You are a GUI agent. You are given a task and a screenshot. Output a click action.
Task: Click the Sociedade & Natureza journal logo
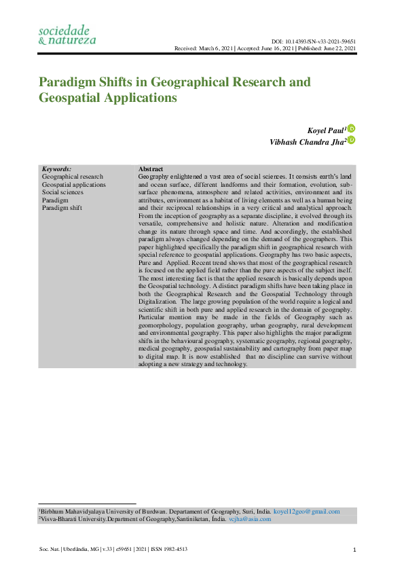67,35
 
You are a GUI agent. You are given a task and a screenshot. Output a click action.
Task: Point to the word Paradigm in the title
69,83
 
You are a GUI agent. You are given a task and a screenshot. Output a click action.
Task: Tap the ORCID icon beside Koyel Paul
352,128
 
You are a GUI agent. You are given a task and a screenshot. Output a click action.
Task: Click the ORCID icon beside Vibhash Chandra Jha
352,140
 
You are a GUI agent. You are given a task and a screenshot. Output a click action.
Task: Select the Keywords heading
56,168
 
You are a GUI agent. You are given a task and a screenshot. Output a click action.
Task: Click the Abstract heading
150,168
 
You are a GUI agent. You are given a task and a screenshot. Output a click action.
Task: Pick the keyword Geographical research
73,177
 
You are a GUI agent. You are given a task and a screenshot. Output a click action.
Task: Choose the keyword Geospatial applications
74,184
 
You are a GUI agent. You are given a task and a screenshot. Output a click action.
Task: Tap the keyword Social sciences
62,192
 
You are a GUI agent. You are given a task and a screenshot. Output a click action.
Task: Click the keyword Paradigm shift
62,208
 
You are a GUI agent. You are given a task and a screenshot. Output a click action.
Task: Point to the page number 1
355,550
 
